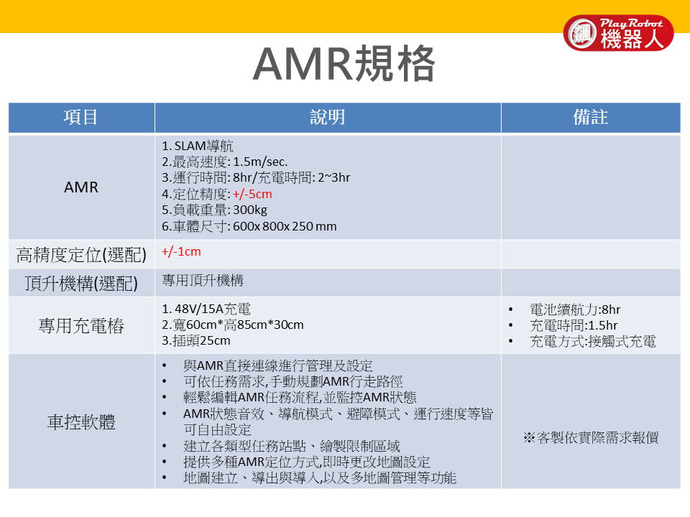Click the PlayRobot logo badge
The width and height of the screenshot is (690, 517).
[618, 33]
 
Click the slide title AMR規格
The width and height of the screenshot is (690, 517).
[344, 64]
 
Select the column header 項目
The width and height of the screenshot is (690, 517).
[80, 117]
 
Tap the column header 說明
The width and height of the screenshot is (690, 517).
[328, 117]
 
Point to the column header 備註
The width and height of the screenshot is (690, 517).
[591, 117]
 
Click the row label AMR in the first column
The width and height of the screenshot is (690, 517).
[81, 187]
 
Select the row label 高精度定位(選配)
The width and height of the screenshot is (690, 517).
[81, 254]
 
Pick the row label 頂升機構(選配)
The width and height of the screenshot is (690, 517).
[81, 283]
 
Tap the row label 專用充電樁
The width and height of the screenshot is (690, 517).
[81, 326]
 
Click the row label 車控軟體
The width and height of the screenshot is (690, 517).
[81, 422]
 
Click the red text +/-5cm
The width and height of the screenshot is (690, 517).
[252, 194]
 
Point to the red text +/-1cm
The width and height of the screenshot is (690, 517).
[181, 251]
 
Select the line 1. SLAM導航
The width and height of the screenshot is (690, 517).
[198, 146]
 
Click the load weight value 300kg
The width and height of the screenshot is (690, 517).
[250, 210]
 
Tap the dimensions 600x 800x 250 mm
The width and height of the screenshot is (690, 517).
[285, 226]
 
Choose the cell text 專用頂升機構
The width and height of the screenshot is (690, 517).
[203, 281]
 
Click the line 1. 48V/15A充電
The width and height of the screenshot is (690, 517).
[206, 309]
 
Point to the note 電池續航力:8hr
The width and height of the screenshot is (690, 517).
[575, 309]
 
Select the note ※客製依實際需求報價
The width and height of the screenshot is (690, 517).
[591, 438]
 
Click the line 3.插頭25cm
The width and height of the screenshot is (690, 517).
[195, 340]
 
